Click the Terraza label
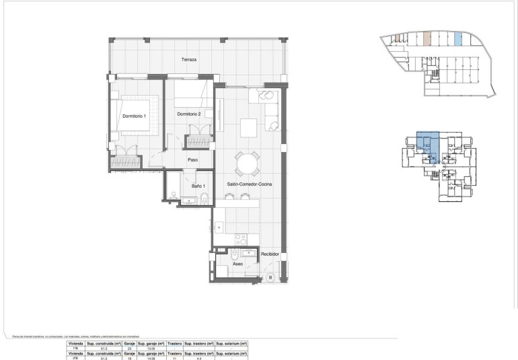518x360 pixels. (189, 60)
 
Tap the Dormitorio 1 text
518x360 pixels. (134, 116)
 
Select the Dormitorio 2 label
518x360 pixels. (190, 114)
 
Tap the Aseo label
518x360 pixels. (237, 264)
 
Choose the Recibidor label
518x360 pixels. (270, 254)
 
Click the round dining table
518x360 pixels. (248, 163)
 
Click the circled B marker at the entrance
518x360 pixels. (270, 277)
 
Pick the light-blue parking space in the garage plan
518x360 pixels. (458, 40)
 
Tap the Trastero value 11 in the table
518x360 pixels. (175, 358)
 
